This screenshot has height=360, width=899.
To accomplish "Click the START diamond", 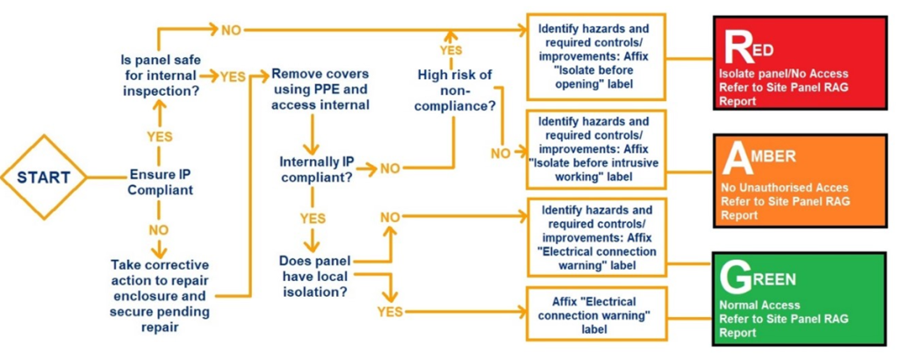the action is click(x=44, y=177).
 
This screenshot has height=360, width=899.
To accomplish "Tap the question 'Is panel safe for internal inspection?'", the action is click(x=158, y=76).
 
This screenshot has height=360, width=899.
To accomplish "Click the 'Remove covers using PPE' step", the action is click(x=320, y=90).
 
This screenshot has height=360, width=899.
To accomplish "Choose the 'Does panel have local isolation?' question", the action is click(x=314, y=276).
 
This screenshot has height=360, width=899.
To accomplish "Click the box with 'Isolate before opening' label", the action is click(x=596, y=56).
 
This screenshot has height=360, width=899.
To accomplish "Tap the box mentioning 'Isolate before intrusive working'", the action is click(x=596, y=148).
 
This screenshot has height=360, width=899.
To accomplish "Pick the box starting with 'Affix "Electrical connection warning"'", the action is click(x=596, y=314).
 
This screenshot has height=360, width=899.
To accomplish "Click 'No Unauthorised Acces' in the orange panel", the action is click(x=784, y=188).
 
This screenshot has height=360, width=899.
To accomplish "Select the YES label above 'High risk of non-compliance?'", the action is click(x=451, y=50).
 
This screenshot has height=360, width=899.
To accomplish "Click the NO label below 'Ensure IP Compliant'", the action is click(x=159, y=230).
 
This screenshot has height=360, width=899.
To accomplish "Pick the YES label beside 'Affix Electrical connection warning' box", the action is click(x=390, y=312).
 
